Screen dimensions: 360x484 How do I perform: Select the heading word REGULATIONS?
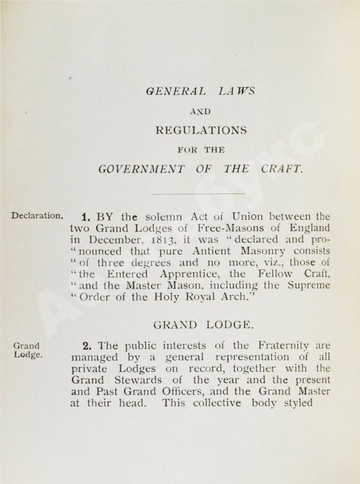coord(201,130)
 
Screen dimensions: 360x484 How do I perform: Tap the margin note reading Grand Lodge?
coord(26,351)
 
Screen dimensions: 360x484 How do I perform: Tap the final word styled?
coord(296,404)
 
